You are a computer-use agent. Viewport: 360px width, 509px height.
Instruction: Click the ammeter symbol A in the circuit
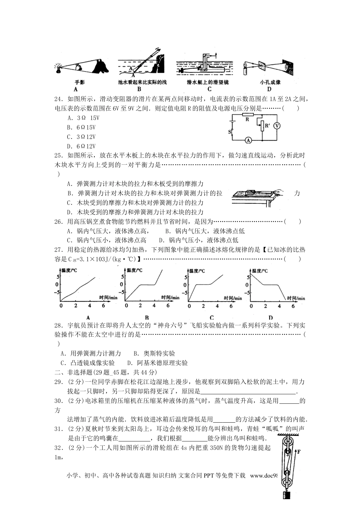[249, 140]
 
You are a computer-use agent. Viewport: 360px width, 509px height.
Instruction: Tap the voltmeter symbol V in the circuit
[277, 126]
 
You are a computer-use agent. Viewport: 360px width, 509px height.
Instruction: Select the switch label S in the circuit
[229, 132]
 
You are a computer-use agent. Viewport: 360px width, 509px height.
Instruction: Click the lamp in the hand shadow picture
[59, 68]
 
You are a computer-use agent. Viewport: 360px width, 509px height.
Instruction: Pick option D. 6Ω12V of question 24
[81, 146]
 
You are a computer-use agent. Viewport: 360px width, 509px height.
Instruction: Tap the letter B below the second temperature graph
[147, 317]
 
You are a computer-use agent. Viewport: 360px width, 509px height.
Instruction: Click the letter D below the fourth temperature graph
[271, 317]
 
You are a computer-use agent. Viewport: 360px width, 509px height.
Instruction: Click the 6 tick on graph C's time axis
[231, 306]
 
